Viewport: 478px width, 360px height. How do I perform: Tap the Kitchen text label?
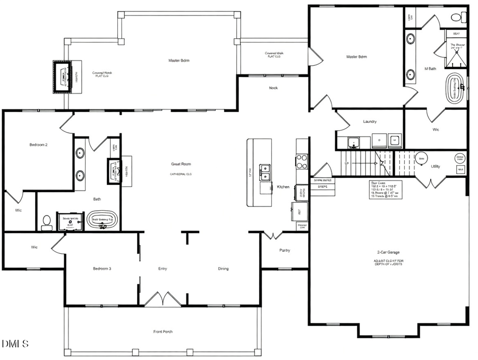point(283,187)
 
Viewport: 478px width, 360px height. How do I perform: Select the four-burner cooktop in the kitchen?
point(302,161)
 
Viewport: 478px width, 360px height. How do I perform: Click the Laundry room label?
point(370,122)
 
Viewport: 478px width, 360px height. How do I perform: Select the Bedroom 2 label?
point(38,144)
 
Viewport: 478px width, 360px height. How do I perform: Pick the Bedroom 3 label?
point(102,269)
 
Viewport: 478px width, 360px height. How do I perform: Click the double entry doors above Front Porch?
point(160,299)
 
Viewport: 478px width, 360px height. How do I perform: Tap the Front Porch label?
point(163,332)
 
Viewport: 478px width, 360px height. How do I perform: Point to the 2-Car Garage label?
point(388,253)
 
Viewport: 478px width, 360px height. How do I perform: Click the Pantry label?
point(285,250)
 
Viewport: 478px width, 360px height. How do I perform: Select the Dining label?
point(223,269)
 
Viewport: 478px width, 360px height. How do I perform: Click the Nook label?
point(273,88)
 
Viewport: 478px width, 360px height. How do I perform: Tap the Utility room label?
point(436,167)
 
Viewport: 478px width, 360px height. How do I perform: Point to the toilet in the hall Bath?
point(47,222)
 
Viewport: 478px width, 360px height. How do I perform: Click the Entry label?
point(163,269)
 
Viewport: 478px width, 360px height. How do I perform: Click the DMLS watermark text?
point(15,345)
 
